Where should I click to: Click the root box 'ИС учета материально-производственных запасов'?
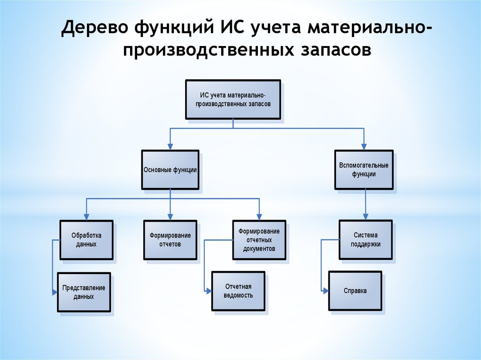click(233, 100)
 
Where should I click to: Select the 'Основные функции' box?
click(170, 170)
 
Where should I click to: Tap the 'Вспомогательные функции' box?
click(364, 170)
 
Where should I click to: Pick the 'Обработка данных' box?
click(86, 240)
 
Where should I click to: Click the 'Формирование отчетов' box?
click(170, 240)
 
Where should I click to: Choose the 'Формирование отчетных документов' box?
click(259, 240)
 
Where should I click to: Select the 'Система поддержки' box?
click(366, 240)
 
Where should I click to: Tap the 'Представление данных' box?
click(84, 292)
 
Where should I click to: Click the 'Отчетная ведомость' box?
click(238, 291)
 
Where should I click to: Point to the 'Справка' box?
click(355, 291)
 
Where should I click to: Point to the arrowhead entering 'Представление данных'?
click(54, 292)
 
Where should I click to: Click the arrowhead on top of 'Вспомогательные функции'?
click(364, 147)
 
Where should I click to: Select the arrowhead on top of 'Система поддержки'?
click(366, 217)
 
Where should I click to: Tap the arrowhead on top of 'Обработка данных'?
click(86, 217)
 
